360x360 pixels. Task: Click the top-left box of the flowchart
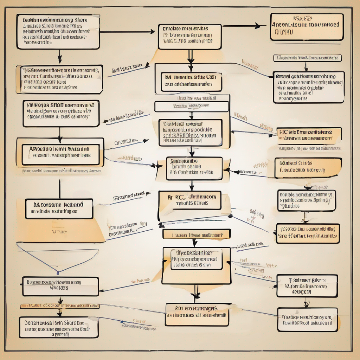pos(58,32)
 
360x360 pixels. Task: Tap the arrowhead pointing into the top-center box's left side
pos(152,32)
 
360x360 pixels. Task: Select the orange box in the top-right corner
pos(307,27)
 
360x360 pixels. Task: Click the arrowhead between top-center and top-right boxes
pos(259,26)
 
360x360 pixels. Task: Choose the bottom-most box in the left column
pos(59,327)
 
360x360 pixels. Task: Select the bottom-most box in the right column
pos(307,320)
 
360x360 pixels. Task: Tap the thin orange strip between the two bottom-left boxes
pos(59,306)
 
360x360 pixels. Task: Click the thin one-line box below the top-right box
pos(307,58)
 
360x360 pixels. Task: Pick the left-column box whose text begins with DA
pos(59,208)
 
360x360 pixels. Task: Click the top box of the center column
pos(189,37)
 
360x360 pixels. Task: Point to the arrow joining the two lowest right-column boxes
pos(307,303)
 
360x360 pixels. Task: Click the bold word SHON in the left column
pos(60,104)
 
